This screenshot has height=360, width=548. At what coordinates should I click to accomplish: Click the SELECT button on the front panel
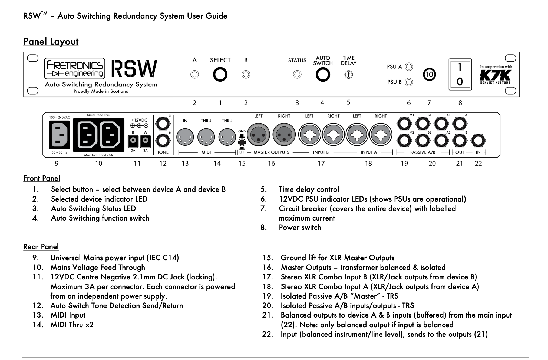tap(220, 75)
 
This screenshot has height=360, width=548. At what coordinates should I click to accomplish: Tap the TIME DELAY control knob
tap(348, 75)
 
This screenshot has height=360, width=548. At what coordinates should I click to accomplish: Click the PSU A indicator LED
tap(409, 67)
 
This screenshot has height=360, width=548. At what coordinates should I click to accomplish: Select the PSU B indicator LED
tap(409, 82)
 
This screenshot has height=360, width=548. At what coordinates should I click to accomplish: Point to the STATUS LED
tap(297, 75)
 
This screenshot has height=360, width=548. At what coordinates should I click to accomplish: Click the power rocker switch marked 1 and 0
tap(460, 74)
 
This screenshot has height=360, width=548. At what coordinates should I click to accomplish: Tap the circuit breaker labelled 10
tap(429, 75)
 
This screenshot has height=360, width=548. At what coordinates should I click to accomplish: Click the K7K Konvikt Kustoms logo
tap(496, 76)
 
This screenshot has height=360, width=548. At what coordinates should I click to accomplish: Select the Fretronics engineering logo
tap(75, 68)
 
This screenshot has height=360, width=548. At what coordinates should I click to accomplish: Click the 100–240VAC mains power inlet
tap(59, 135)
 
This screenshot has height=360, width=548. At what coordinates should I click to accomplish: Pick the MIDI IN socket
tap(185, 137)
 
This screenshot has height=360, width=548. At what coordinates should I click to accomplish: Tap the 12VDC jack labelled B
tap(133, 141)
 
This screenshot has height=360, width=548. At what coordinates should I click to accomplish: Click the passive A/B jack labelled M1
tap(404, 124)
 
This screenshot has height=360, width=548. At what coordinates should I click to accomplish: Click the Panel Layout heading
tap(51, 42)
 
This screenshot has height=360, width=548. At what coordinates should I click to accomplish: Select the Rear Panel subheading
tap(41, 246)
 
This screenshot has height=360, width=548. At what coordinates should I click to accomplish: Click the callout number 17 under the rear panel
tap(321, 163)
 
